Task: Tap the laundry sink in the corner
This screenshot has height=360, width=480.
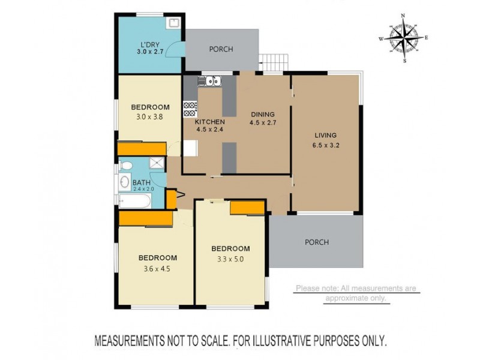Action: click(173, 23)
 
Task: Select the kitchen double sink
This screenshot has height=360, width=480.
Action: click(209, 81)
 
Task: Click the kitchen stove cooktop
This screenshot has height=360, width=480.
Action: click(190, 109)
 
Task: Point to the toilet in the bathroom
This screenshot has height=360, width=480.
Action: click(126, 166)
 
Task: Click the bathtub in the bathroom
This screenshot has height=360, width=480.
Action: click(135, 201)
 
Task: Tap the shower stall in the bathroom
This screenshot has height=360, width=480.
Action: click(157, 163)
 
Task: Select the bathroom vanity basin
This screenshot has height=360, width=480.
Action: click(125, 182)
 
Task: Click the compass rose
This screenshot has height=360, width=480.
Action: click(404, 38)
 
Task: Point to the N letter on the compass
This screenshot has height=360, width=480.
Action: click(403, 16)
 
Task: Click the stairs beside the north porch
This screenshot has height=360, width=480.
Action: click(274, 62)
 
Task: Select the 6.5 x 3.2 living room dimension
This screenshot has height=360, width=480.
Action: click(326, 145)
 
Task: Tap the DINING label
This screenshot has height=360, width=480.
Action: click(263, 115)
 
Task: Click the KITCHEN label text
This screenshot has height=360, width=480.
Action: click(209, 122)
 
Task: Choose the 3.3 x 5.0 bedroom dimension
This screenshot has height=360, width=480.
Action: click(230, 259)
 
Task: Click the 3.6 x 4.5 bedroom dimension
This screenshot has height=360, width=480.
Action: click(157, 269)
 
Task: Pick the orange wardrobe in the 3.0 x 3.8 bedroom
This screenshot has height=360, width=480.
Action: click(142, 148)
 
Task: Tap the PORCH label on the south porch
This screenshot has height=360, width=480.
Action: click(317, 242)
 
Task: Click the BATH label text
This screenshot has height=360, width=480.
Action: click(142, 183)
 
